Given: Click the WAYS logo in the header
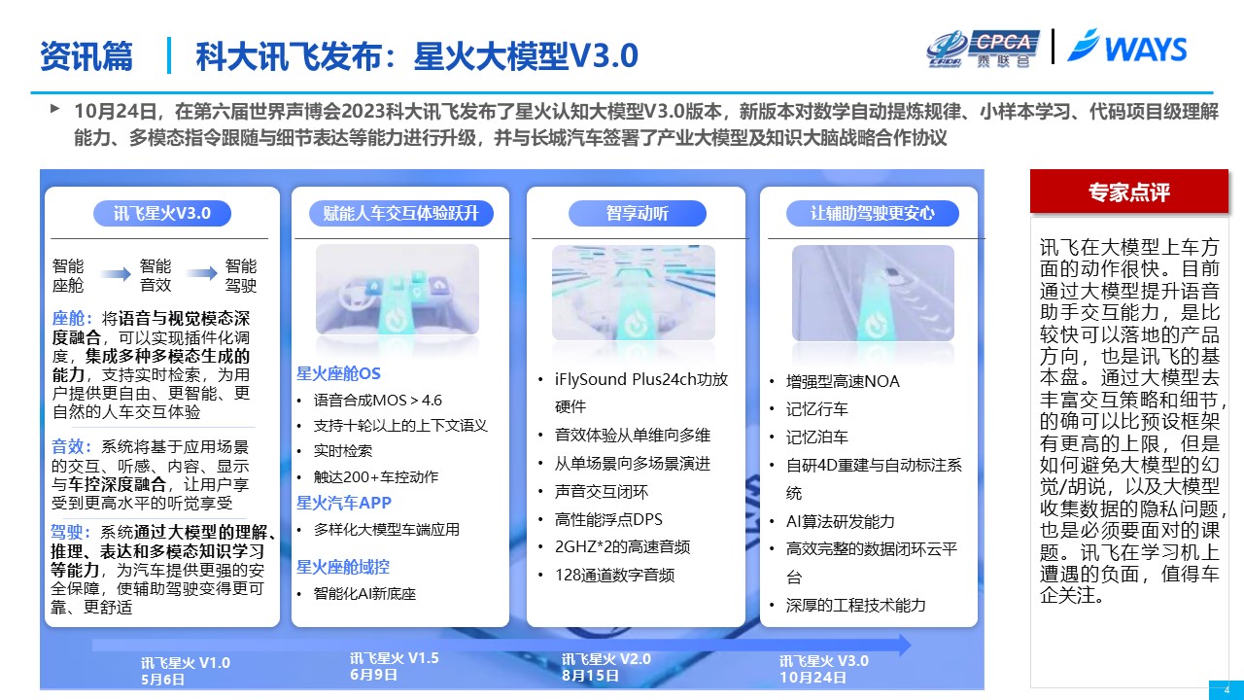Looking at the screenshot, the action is pyautogui.click(x=1127, y=47).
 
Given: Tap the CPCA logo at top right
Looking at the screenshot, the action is pyautogui.click(x=982, y=49).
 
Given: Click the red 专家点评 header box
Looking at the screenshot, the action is pyautogui.click(x=1129, y=192).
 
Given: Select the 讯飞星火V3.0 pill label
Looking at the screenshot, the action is pyautogui.click(x=162, y=213).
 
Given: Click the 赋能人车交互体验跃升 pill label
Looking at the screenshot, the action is pyautogui.click(x=401, y=213).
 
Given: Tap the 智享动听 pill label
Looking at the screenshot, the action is pyautogui.click(x=637, y=213).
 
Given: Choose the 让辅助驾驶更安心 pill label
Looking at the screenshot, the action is pyautogui.click(x=873, y=213).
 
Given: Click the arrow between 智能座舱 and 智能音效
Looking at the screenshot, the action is pyautogui.click(x=116, y=273).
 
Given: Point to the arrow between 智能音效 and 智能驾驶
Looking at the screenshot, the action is pyautogui.click(x=201, y=273).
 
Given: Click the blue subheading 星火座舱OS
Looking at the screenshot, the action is pyautogui.click(x=338, y=373).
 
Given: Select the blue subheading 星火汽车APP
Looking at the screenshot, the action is pyautogui.click(x=344, y=503).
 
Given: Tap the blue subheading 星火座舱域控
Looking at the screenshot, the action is pyautogui.click(x=343, y=567).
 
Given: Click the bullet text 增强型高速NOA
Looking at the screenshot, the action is pyautogui.click(x=843, y=382).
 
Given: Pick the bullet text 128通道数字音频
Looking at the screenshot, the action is pyautogui.click(x=615, y=575).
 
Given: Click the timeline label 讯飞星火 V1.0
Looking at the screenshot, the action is pyautogui.click(x=185, y=663).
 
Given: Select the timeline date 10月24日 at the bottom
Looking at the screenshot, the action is pyautogui.click(x=812, y=678).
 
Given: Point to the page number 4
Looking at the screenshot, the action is pyautogui.click(x=1227, y=690).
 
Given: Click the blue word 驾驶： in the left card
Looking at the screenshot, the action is pyautogui.click(x=71, y=532).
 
